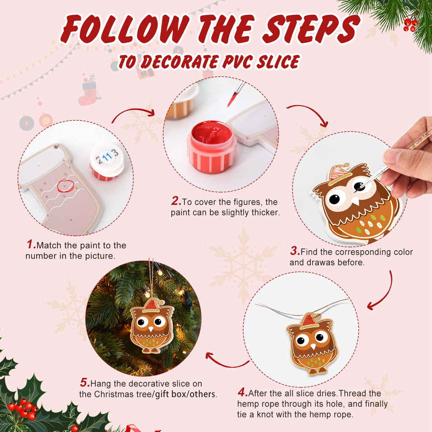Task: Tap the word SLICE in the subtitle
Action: click(275, 62)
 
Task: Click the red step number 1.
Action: click(30, 244)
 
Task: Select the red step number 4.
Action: click(242, 393)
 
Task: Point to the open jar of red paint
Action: click(212, 146)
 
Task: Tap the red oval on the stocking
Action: click(65, 184)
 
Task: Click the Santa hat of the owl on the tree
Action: click(151, 305)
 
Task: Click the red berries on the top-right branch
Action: click(410, 24)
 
